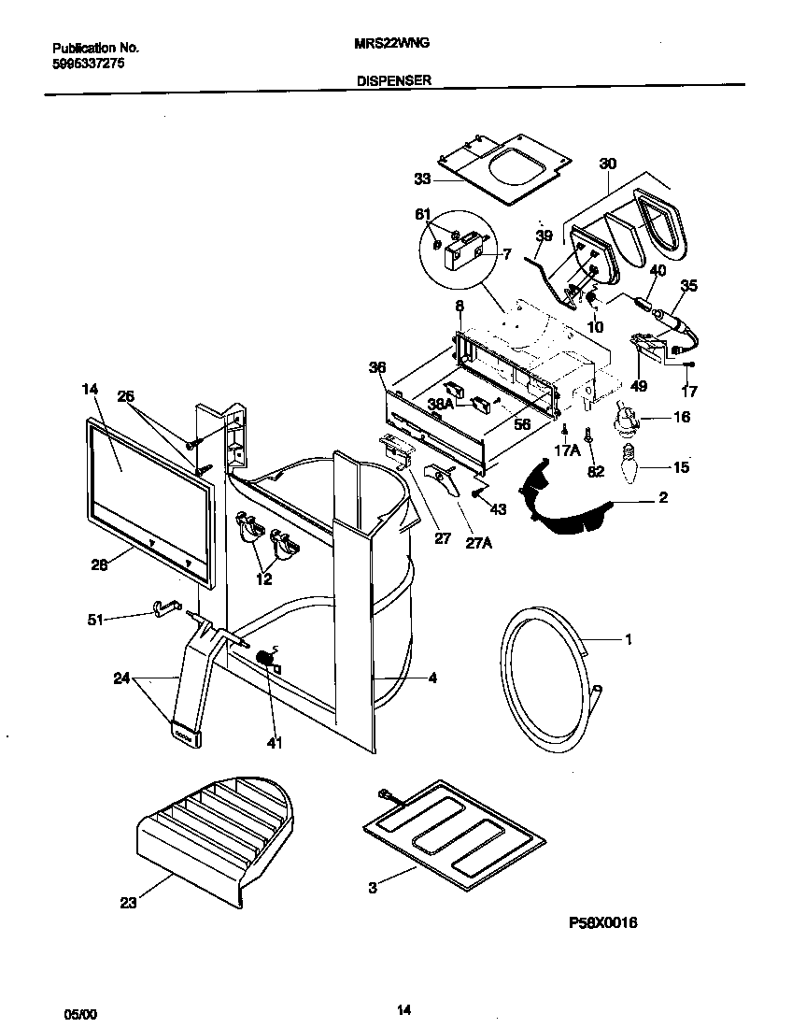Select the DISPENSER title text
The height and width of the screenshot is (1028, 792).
(x=393, y=81)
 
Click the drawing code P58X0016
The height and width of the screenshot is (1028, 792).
(x=602, y=923)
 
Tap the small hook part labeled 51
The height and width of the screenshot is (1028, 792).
(x=163, y=609)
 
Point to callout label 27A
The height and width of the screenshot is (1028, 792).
(x=479, y=540)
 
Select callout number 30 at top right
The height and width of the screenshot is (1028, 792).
(x=607, y=164)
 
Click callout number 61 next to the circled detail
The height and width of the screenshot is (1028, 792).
(x=422, y=215)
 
